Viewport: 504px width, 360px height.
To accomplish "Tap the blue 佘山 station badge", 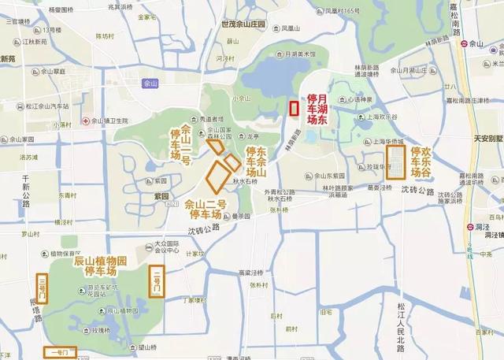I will tap(150, 81).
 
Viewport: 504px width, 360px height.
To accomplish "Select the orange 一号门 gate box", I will tap(60, 352).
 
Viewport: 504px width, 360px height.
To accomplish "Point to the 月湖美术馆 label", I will tap(296, 54).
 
